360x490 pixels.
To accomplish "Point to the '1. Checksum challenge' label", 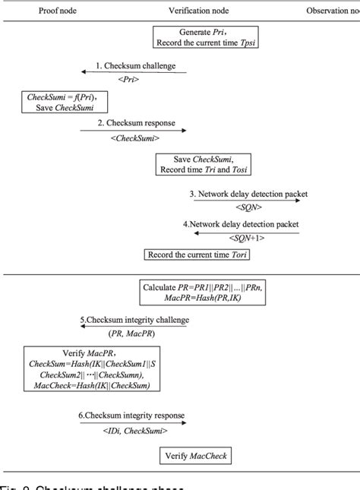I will coord(135,66).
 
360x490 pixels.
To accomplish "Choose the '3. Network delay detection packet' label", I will coord(248,194).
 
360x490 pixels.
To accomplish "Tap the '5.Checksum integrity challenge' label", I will coord(134,320).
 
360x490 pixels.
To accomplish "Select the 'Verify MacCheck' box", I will coord(194,456).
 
